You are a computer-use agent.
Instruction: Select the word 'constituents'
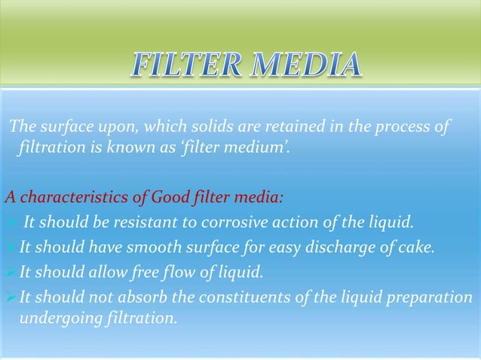(x=231, y=296)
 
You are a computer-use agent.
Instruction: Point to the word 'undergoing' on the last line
(x=51, y=317)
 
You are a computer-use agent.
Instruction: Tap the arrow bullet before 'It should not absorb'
(x=10, y=297)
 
